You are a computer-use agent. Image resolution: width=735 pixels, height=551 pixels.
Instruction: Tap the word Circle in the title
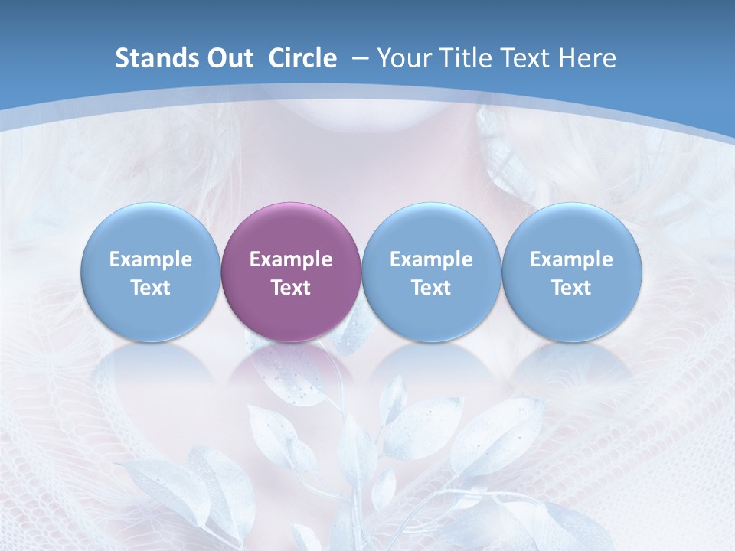[x=302, y=59]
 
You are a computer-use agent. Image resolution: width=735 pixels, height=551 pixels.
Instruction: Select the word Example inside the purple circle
[x=291, y=259]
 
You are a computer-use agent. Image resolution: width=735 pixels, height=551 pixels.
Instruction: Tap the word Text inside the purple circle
[x=291, y=288]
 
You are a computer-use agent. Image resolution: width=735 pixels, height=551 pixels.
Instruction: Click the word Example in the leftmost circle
[x=151, y=259]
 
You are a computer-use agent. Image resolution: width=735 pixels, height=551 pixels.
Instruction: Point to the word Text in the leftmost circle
[x=151, y=288]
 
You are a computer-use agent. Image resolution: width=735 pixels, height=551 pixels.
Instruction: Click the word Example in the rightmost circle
[x=572, y=259]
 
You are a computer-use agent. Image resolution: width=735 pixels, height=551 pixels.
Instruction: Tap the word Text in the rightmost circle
[x=572, y=288]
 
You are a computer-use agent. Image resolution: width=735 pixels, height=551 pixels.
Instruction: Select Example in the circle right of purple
[x=431, y=259]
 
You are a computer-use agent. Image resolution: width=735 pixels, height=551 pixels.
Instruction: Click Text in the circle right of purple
[x=431, y=288]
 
